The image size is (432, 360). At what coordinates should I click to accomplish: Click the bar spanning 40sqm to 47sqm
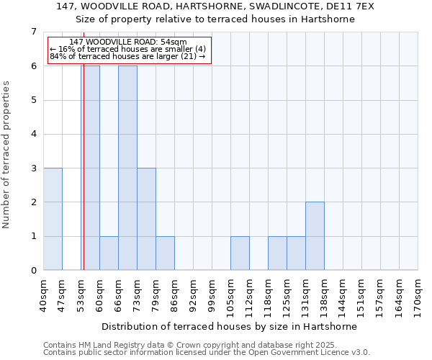tap(53, 219)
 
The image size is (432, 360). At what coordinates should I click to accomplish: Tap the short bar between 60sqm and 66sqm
tap(109, 253)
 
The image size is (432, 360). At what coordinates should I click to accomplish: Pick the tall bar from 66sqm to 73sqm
tap(127, 168)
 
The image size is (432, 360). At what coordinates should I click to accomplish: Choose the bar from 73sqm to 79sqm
tap(146, 219)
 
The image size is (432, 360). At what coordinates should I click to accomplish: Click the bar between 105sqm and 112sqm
tap(240, 253)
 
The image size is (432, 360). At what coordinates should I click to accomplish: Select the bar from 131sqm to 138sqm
tap(315, 236)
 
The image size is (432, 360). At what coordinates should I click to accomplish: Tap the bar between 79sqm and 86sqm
tap(165, 253)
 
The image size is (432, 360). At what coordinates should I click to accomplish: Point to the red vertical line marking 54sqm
tap(84, 180)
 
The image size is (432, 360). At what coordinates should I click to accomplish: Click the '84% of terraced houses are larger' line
tap(128, 56)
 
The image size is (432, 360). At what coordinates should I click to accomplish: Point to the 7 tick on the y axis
tap(32, 32)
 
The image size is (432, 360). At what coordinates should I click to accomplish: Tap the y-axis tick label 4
tap(32, 134)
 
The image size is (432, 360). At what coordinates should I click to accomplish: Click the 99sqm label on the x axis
tap(212, 295)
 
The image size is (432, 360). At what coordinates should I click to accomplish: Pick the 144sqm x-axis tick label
tap(343, 295)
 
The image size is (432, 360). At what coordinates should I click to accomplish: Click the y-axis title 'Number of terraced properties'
tap(7, 155)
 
